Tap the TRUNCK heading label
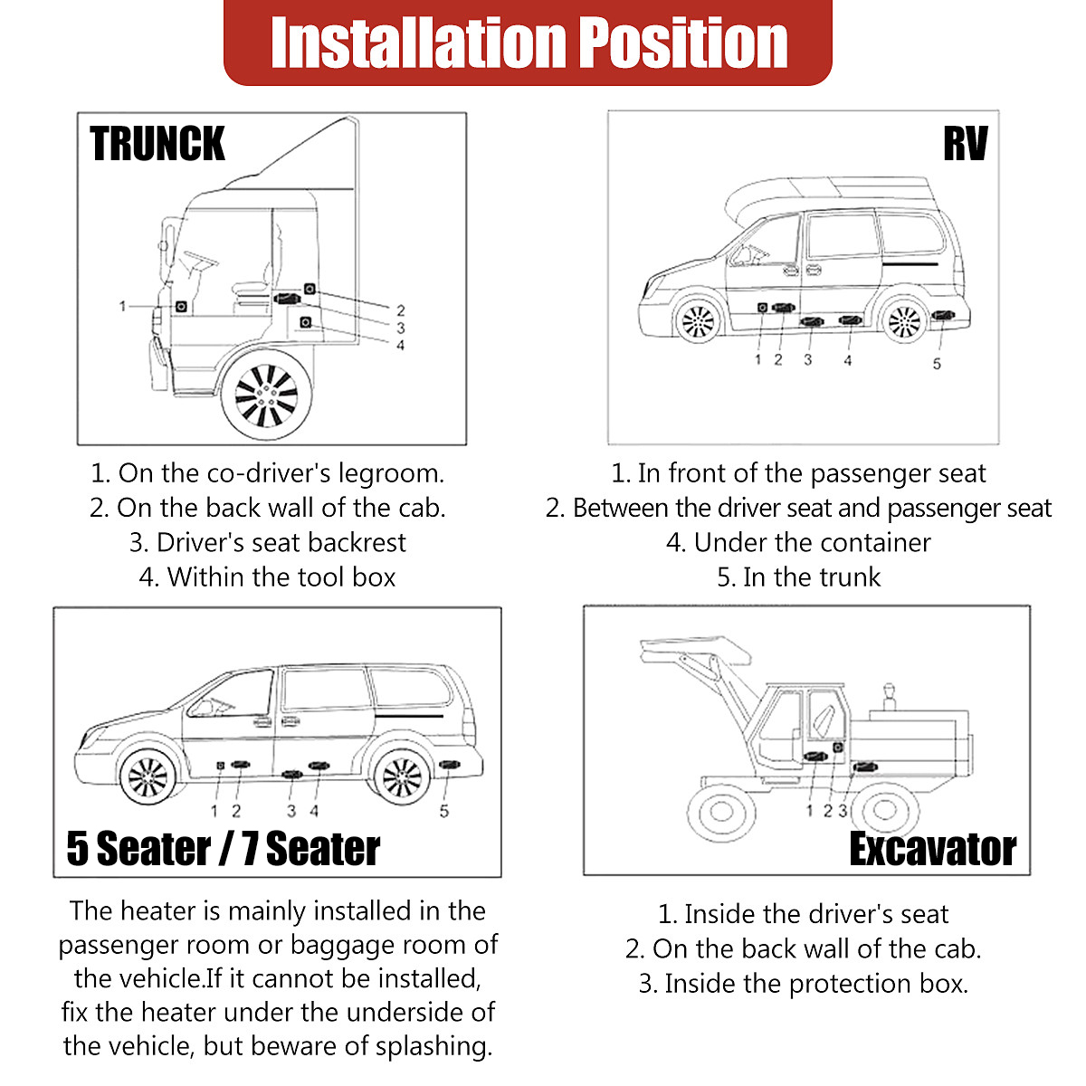(x=157, y=145)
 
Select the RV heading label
(x=965, y=145)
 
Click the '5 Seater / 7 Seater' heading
(x=224, y=849)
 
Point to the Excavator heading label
(x=932, y=849)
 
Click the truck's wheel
(x=266, y=395)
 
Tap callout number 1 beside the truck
(x=123, y=307)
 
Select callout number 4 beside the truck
(x=400, y=345)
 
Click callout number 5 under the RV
(x=937, y=364)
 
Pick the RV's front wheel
(x=698, y=320)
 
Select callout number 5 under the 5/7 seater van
(x=443, y=811)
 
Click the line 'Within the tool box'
(x=268, y=577)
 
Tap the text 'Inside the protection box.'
(x=804, y=984)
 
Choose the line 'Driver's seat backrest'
(x=268, y=543)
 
